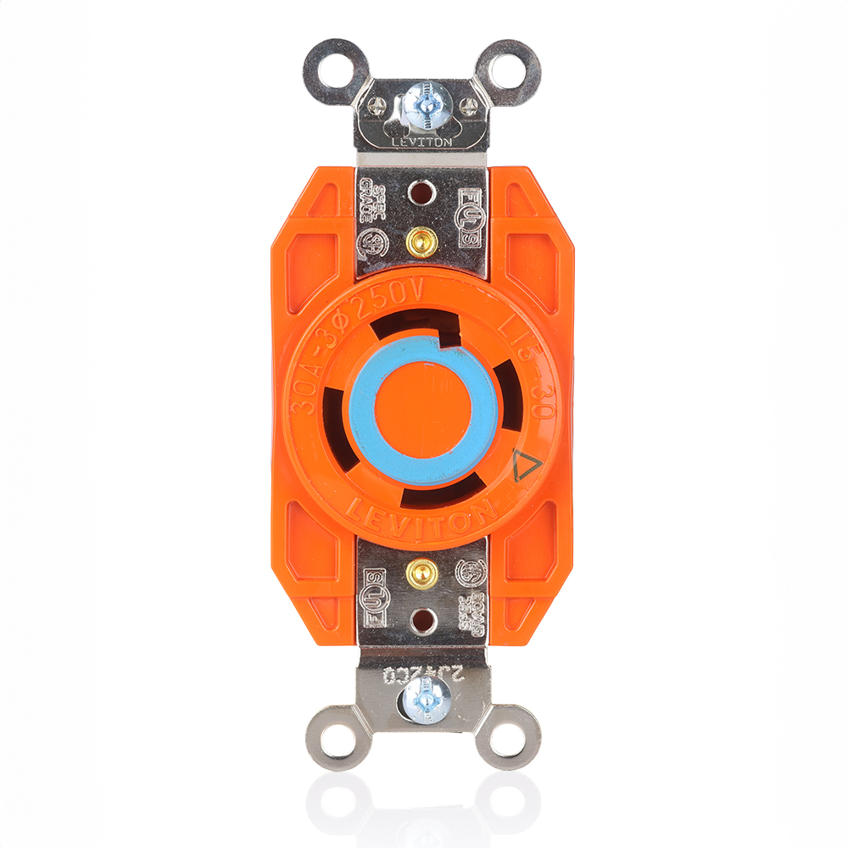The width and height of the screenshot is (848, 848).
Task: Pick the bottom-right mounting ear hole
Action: [x=516, y=736]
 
